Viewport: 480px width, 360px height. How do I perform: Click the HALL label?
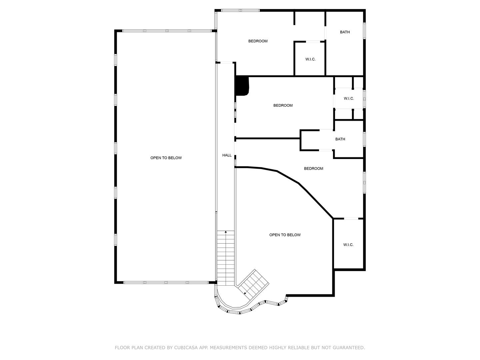coord(227,155)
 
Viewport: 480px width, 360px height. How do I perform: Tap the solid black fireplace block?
coord(242,86)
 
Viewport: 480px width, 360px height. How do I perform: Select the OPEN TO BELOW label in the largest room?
coord(166,158)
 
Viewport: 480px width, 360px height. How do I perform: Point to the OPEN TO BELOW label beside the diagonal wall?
coord(285,235)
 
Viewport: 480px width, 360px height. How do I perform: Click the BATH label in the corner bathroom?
coord(345,32)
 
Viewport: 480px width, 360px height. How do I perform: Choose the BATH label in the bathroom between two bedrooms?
coord(340,139)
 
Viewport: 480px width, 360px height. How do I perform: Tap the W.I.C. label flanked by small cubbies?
coord(349,99)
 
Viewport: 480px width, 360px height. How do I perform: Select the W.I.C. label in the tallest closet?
coord(348,245)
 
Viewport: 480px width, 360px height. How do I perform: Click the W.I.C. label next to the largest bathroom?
coord(310,59)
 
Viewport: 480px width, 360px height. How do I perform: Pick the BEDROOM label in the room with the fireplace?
coord(283,106)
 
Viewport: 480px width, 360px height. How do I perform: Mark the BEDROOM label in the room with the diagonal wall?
coord(313,169)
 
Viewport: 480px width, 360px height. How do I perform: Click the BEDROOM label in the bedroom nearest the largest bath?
coord(258,41)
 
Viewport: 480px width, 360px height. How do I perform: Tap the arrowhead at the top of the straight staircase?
coord(226,232)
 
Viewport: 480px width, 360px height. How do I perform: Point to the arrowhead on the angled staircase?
coord(245,293)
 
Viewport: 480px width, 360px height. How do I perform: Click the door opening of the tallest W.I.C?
coord(351,219)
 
